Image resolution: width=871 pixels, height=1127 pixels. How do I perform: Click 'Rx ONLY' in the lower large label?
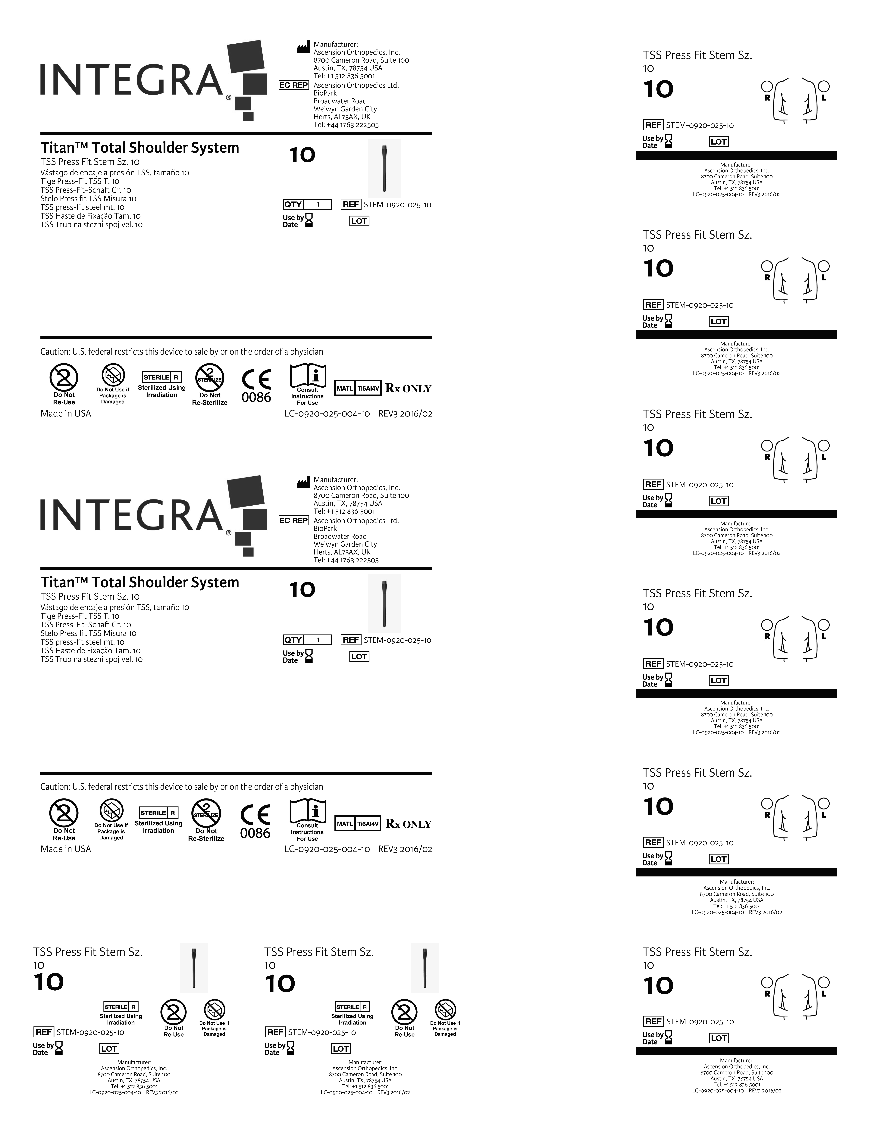[408, 824]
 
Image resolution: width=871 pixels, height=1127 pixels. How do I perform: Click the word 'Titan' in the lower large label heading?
[57, 583]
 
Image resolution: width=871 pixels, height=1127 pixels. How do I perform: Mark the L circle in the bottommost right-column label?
[824, 982]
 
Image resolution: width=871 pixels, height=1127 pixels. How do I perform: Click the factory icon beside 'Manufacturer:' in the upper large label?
[303, 48]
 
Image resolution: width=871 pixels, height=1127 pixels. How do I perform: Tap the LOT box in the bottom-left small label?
[109, 1049]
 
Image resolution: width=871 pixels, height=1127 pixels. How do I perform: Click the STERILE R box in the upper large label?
[161, 377]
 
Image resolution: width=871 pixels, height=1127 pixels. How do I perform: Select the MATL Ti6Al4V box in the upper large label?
[358, 388]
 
